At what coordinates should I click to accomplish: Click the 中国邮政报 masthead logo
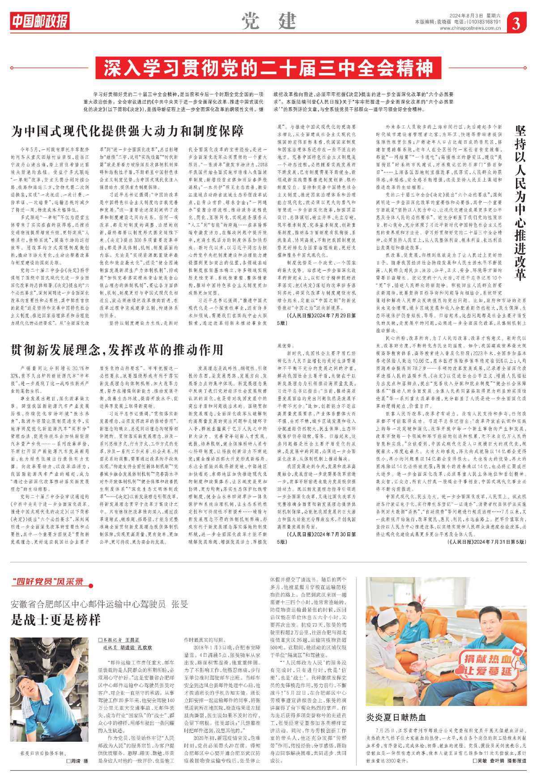click(x=40, y=21)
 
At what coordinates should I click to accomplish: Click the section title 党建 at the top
click(x=268, y=21)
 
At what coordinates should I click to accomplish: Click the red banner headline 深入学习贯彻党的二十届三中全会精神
click(x=268, y=68)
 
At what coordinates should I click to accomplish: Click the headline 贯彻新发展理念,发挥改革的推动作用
click(x=117, y=349)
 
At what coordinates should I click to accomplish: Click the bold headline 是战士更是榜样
click(x=55, y=620)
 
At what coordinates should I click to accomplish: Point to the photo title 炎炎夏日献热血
click(x=396, y=717)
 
